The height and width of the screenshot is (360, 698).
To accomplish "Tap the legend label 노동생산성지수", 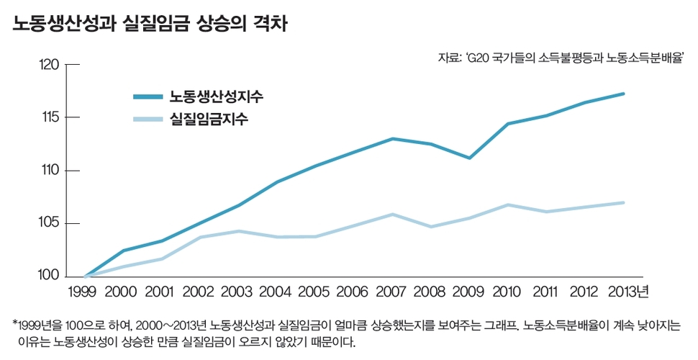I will click(210, 97).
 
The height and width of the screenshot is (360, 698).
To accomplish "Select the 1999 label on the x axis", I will click(85, 292).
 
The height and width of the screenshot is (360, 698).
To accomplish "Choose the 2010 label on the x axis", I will click(507, 292).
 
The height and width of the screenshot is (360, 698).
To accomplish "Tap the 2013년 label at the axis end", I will click(627, 292).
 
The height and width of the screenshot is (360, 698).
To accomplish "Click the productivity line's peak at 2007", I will click(391, 138).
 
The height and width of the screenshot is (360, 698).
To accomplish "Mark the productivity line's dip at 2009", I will click(469, 158).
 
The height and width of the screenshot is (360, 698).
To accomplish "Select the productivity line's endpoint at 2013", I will click(623, 94).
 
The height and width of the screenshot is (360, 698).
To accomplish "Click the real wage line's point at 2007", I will click(391, 214).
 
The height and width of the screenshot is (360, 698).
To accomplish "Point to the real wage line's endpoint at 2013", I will click(623, 202).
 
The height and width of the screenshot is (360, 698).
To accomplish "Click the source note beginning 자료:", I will click(560, 58).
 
